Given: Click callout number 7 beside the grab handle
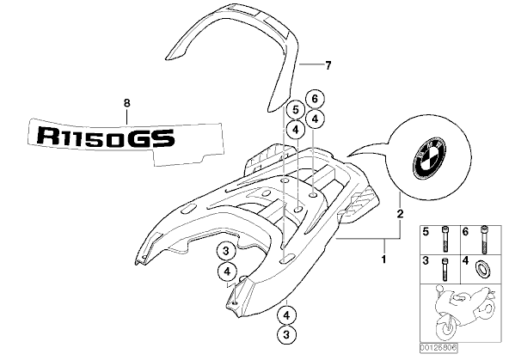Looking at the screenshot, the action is tap(328, 66).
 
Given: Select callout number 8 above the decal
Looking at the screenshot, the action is tap(127, 103).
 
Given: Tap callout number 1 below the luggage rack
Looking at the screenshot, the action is tap(383, 259).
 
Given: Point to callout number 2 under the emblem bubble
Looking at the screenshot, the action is tap(401, 213).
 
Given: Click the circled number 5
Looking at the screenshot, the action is tap(296, 110).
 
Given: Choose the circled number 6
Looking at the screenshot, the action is tap(315, 99).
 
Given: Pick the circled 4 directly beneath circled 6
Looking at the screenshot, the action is tap(315, 119).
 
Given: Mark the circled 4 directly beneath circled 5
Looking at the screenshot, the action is tap(296, 130).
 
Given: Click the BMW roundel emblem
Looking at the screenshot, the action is tap(429, 156).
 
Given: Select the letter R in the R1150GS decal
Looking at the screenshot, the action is tap(49, 136).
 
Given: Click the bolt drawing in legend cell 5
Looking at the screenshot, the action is tap(445, 239).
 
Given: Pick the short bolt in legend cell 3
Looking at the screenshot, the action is tap(445, 269).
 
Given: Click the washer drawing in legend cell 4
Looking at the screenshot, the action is tap(482, 269).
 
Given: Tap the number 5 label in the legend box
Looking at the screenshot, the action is tap(426, 232).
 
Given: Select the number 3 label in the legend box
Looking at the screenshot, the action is tap(426, 260).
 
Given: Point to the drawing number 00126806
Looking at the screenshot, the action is tap(438, 348).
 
